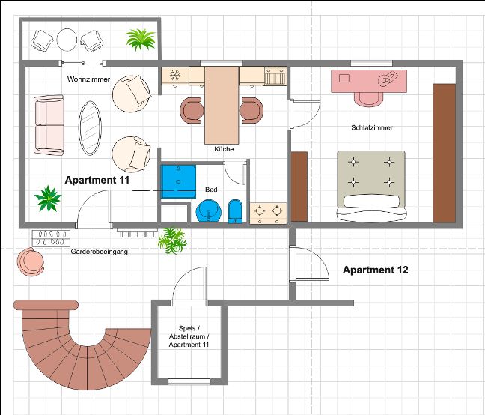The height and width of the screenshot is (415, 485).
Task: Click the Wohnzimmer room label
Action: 88,79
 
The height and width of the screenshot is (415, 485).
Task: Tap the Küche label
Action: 224,149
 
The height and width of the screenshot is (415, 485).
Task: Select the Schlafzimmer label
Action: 372,127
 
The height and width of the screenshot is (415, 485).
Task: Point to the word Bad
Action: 211,189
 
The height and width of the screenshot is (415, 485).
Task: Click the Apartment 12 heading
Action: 376,270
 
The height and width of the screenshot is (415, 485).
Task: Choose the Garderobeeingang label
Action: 100,252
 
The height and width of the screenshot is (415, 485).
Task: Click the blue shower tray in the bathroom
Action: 178,181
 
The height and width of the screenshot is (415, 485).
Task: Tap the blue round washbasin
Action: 209,210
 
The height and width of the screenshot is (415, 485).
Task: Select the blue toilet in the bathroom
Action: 235,211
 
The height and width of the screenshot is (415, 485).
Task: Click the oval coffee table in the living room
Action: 90,128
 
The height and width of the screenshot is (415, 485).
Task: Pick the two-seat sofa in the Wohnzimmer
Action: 49,125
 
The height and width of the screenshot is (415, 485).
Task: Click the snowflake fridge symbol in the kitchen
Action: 175,75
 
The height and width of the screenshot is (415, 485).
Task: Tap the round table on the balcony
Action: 67,40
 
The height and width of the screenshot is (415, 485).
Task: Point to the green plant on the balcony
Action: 141,39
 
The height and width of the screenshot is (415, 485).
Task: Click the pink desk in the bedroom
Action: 369,81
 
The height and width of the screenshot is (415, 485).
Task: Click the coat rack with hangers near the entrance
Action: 51,238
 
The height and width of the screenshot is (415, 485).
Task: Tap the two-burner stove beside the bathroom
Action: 268,213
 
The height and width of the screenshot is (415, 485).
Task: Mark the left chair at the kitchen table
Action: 192,110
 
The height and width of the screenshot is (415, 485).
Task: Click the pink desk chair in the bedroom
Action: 369,99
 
